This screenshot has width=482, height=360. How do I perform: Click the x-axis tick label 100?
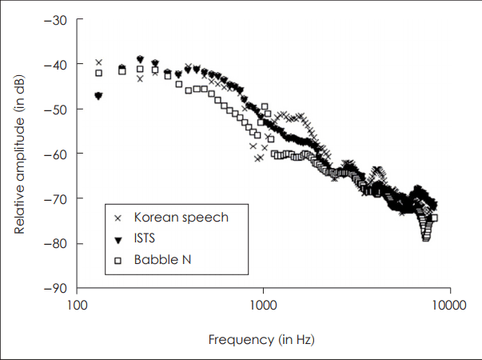point(77,305)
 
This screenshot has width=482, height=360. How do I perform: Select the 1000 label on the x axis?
point(263,305)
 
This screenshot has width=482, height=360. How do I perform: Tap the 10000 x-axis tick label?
point(448,305)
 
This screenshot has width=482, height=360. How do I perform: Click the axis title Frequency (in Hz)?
point(261,339)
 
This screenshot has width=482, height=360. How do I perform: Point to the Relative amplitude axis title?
point(19,154)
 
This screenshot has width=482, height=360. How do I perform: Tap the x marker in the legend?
point(118,218)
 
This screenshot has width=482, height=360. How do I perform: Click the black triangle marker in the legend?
point(118,239)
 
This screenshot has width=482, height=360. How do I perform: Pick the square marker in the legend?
point(118,260)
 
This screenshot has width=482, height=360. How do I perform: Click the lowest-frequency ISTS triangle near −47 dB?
point(98,96)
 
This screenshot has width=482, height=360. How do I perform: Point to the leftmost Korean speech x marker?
point(99,62)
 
